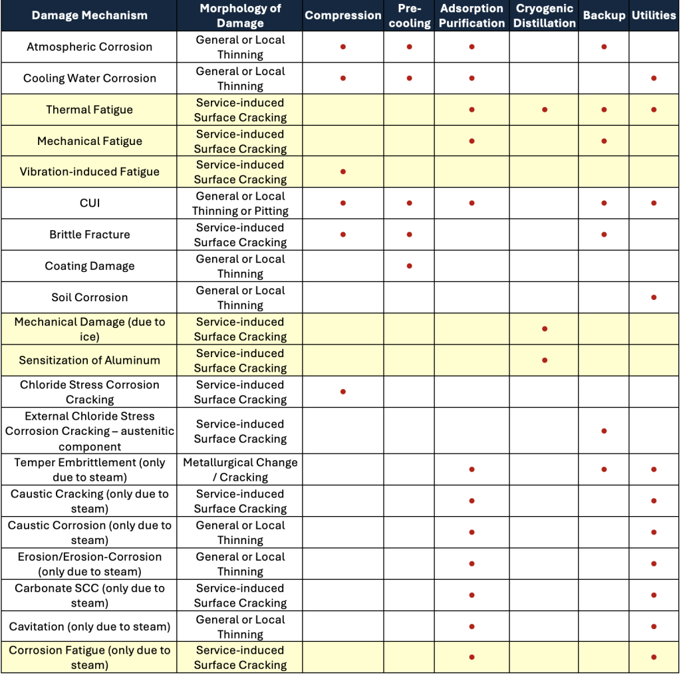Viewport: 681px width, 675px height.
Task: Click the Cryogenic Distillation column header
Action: (545, 15)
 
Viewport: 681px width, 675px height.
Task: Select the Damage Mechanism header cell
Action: (89, 15)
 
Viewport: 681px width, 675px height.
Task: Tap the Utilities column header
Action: (654, 15)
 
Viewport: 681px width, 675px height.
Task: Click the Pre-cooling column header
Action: (409, 15)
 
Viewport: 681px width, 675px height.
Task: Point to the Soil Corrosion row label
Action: (89, 297)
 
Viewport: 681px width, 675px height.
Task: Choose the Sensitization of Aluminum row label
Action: (89, 360)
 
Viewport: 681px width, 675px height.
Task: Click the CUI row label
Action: (89, 203)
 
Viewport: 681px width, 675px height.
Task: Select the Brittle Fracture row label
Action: (89, 235)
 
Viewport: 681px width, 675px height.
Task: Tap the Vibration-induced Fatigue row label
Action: (89, 172)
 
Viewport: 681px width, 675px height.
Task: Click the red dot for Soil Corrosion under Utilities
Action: (654, 297)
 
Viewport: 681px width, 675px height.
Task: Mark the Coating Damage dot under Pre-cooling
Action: (409, 266)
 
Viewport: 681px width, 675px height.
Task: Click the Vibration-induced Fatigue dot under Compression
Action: (343, 172)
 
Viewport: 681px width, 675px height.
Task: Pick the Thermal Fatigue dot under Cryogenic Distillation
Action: (545, 110)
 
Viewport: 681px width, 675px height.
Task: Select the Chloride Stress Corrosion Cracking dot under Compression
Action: (343, 392)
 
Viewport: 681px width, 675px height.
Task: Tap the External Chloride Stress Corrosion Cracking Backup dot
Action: (604, 431)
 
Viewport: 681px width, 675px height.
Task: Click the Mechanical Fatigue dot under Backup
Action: (604, 141)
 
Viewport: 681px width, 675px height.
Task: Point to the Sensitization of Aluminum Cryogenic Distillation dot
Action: (545, 360)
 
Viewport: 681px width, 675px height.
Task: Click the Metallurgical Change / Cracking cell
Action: (240, 470)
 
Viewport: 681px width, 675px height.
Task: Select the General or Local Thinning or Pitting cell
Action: (240, 203)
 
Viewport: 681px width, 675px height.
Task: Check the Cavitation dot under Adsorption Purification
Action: (472, 626)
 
